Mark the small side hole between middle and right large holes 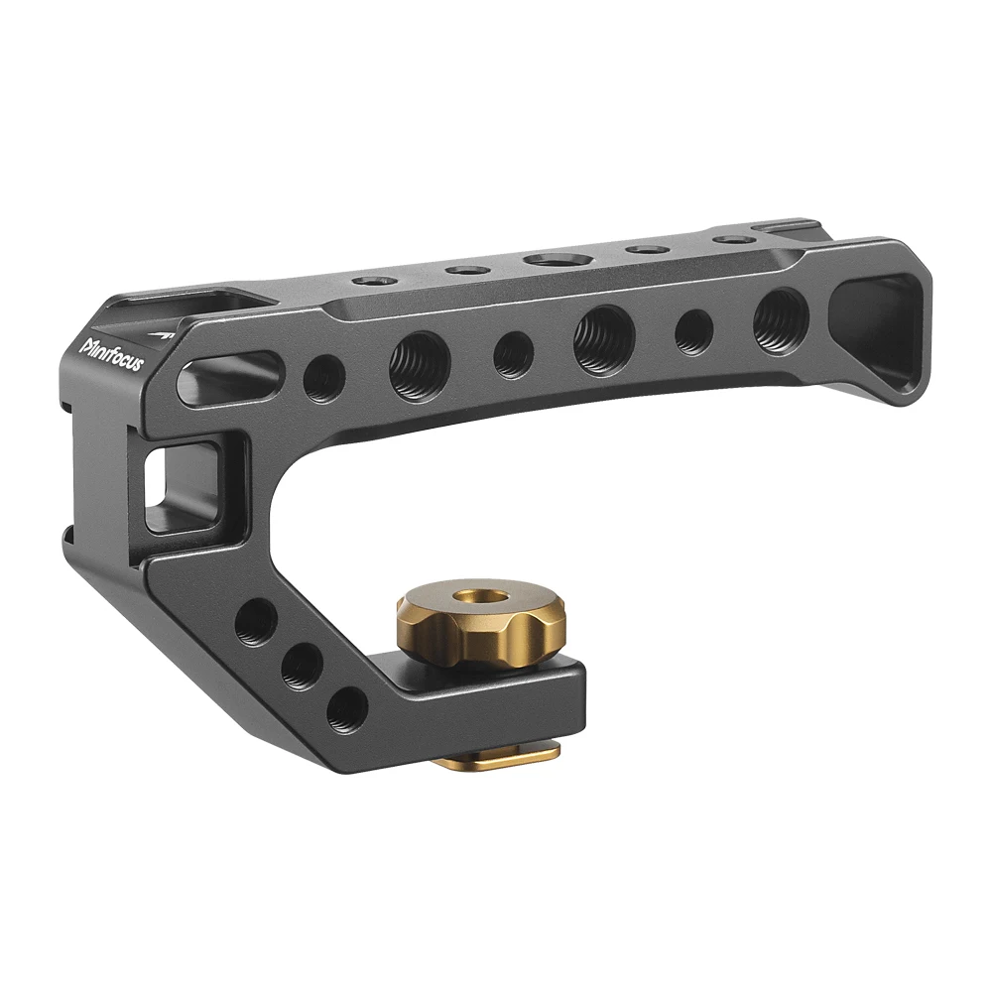pyautogui.click(x=693, y=331)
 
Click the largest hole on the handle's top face pyautogui.click(x=554, y=260)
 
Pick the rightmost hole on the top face pyautogui.click(x=732, y=240)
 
